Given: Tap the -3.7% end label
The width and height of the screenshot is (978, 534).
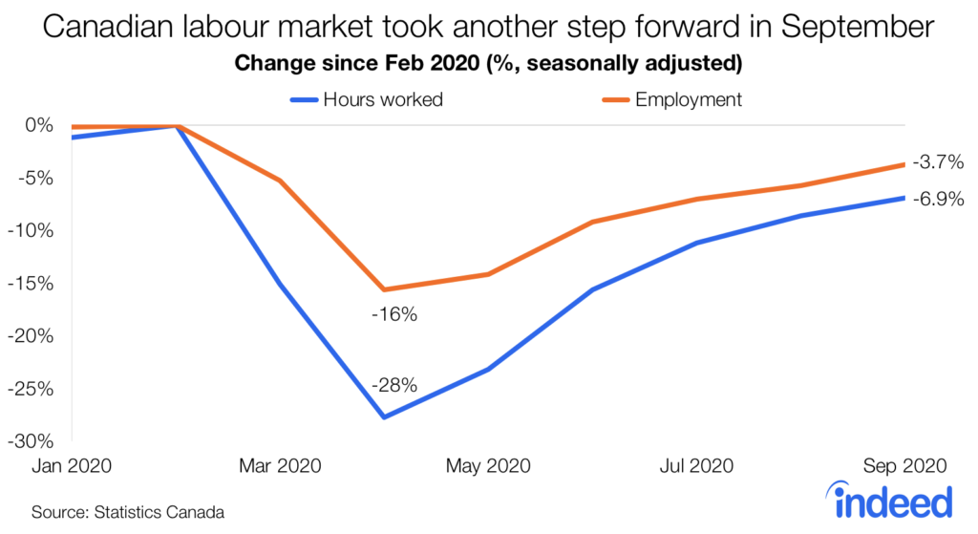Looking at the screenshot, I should [937, 162].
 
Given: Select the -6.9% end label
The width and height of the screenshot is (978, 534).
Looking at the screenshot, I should [937, 200].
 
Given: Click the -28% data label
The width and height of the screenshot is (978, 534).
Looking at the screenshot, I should [394, 386].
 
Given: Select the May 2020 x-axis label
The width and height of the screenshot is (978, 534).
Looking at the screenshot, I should [488, 466].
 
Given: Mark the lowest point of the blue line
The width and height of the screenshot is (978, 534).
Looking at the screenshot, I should [384, 417].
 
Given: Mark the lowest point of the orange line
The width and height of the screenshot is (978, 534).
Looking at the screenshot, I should [384, 289].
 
